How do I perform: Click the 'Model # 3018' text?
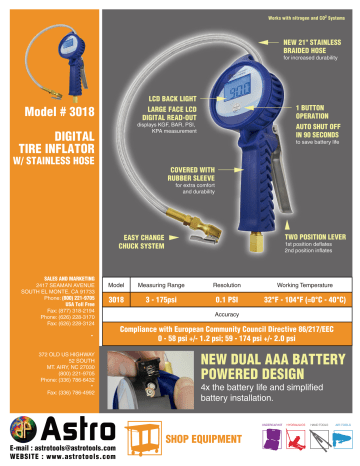60,111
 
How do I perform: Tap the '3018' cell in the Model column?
115,271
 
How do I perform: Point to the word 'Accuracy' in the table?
229,285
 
